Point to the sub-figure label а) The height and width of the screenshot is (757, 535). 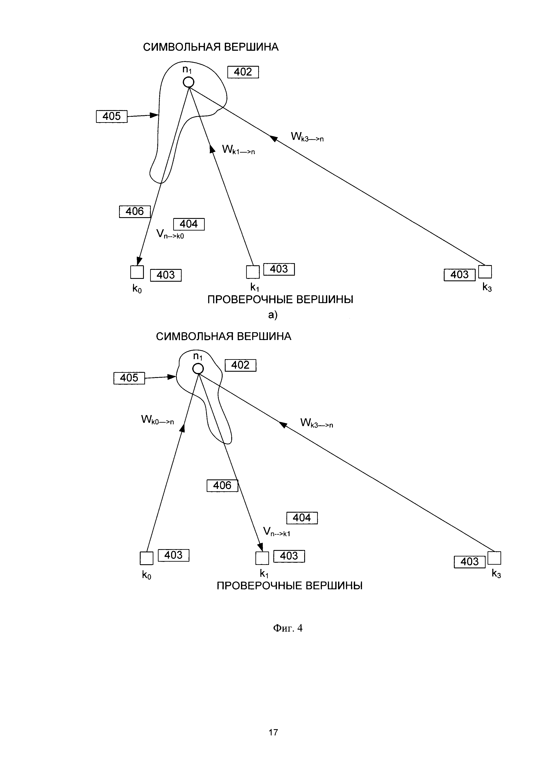(273, 315)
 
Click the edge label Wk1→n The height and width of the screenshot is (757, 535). (238, 150)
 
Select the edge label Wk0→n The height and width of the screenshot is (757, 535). (157, 420)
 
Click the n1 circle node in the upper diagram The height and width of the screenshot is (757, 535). (188, 82)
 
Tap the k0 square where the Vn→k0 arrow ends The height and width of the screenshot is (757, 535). (137, 272)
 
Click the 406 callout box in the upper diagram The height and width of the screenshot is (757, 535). (135, 211)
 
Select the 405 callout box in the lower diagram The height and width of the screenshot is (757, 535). (129, 378)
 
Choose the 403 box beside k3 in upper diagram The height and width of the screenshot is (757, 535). (459, 275)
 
